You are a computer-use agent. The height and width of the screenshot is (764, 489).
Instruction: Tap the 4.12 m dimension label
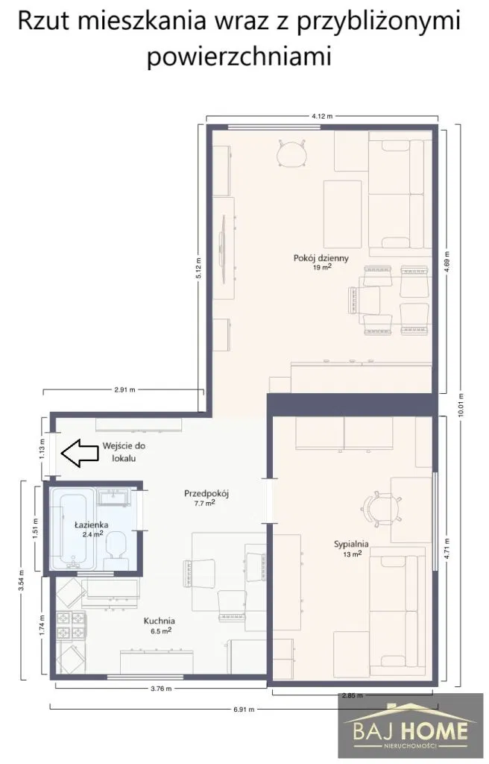click(321, 116)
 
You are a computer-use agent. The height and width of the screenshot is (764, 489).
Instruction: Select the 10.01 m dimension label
click(461, 404)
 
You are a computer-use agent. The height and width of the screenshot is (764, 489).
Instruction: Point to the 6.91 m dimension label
click(244, 710)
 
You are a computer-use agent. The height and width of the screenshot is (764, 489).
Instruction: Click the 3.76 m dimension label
click(161, 689)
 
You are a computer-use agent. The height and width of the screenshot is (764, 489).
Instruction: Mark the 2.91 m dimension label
click(124, 389)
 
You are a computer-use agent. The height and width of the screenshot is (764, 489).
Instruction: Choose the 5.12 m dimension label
click(198, 268)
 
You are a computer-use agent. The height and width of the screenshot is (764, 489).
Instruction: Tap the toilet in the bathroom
click(116, 550)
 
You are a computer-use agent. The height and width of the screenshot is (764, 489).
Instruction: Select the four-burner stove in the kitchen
click(71, 626)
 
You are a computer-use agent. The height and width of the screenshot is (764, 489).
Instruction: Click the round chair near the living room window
click(291, 153)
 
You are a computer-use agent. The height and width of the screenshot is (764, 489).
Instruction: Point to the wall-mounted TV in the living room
click(223, 248)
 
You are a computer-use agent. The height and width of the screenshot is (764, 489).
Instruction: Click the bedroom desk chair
click(382, 509)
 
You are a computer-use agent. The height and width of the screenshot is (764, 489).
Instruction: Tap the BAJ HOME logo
click(404, 727)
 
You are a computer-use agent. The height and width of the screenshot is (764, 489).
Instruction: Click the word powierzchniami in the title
click(239, 56)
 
